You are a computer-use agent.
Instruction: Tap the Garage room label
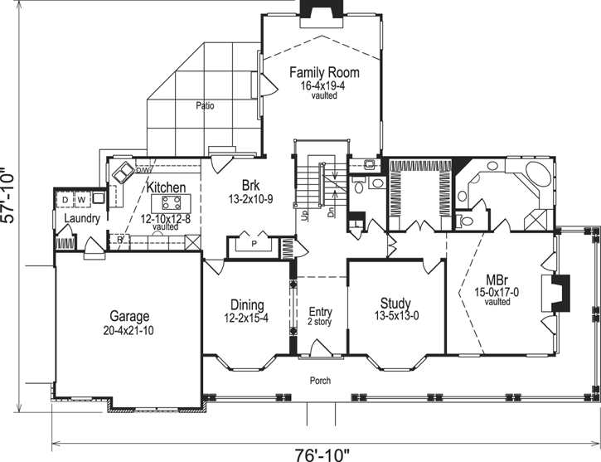click(129, 316)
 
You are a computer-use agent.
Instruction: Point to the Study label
click(395, 304)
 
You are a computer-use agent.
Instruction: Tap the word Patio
click(206, 106)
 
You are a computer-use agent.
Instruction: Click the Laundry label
click(81, 219)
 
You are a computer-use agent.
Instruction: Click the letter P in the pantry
click(254, 245)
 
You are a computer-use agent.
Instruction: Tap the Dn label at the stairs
click(332, 213)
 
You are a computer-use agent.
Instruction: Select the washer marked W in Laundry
click(81, 200)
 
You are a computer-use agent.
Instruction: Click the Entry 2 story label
click(319, 316)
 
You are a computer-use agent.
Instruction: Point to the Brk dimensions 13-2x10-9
click(250, 199)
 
